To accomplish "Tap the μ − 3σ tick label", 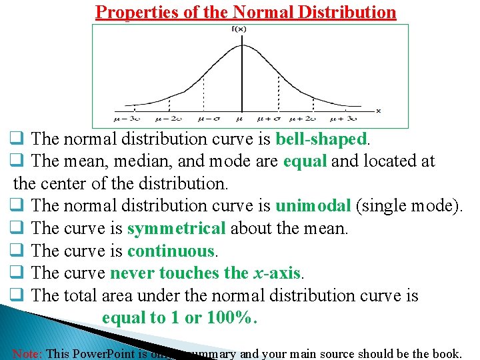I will coord(127,119).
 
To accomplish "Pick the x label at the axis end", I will coord(379,110).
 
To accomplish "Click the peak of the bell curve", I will coord(241,45).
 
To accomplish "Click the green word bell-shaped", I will coord(321,139).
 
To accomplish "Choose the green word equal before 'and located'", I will coord(305,161).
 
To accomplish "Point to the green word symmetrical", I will coord(177,229).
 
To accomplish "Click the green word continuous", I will coord(171,251).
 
